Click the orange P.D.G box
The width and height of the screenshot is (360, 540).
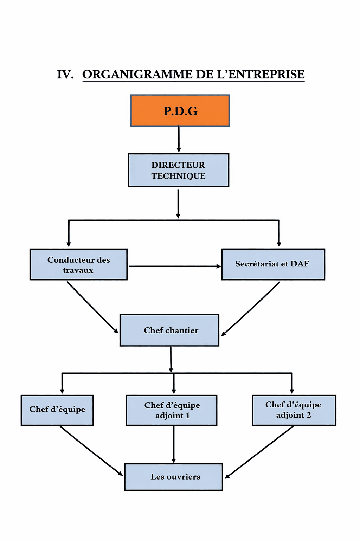pos(180,110)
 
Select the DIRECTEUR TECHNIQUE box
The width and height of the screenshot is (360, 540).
pos(178,170)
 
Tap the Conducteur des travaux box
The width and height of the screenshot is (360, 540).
pos(78,264)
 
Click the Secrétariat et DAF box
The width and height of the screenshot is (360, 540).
pos(273,264)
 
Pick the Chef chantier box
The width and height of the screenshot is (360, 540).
pos(169,330)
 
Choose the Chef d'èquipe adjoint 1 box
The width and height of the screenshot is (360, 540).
pos(172,410)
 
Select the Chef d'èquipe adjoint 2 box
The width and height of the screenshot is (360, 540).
pos(294,410)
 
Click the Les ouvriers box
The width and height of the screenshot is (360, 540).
pos(174,477)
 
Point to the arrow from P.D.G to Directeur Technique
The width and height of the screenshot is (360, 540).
pos(179,139)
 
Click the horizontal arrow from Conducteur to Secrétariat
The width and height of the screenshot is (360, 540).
pos(174,266)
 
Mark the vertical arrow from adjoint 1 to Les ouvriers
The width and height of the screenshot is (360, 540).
pos(174,444)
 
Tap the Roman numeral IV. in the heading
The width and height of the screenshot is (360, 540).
pos(65,75)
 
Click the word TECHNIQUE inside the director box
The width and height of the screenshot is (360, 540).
pos(178,176)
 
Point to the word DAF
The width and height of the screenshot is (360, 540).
pos(300,264)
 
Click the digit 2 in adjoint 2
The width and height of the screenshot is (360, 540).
pos(309,415)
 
